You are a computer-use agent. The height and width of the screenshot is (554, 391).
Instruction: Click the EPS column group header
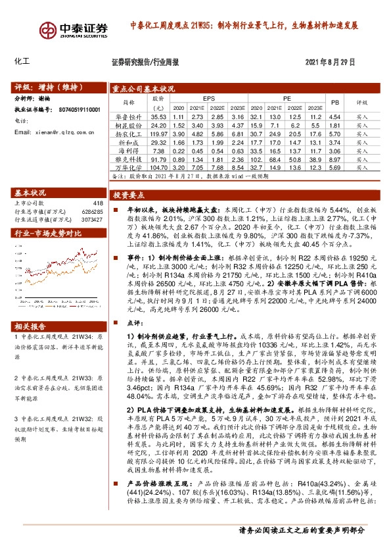click(208, 97)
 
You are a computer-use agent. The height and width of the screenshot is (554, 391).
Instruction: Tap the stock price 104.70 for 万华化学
click(159, 168)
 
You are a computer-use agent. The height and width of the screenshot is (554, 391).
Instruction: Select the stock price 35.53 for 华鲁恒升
click(159, 116)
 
